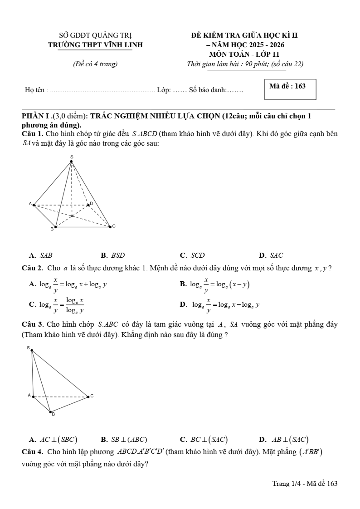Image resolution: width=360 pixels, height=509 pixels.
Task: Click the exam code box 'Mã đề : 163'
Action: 290,89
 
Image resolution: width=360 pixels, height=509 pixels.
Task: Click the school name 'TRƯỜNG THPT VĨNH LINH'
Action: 95,44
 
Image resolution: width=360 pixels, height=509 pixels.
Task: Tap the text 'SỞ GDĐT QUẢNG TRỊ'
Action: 95,35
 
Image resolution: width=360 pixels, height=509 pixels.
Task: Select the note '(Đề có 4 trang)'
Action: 95,64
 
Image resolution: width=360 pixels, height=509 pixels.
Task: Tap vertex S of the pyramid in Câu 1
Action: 71,161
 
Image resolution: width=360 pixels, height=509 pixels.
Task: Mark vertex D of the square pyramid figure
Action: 88,205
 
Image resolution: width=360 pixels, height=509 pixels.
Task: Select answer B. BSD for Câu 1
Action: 113,255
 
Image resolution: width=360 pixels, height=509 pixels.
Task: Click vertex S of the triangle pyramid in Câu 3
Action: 31,350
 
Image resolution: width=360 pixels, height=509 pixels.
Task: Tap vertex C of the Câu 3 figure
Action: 88,397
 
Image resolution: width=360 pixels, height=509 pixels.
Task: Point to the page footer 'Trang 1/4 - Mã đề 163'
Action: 305,484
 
